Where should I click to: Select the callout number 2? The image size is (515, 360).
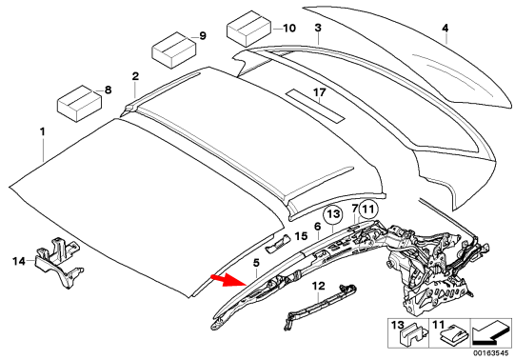coord(135,75)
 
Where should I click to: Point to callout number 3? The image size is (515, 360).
coord(318,30)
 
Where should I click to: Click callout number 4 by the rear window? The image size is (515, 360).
coord(445,30)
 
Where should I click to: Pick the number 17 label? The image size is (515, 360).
coord(320,92)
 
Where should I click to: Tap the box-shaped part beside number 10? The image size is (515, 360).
coord(248,30)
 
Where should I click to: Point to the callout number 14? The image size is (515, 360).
coord(18,260)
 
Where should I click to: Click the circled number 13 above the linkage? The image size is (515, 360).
coord(332,216)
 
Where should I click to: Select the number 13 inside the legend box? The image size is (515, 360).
coord(398,326)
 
